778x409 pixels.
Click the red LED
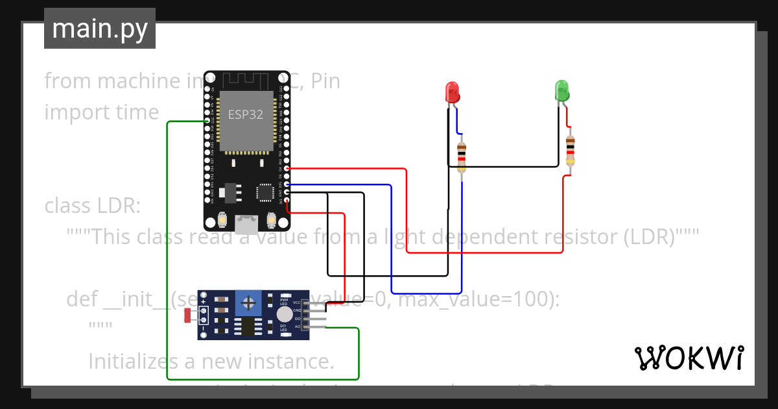pos(452,92)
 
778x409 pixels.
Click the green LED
pos(561,90)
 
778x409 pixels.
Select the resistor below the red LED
pos(461,156)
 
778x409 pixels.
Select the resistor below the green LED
pos(570,149)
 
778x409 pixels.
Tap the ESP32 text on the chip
pos(246,114)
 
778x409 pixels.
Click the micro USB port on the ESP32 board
pos(246,225)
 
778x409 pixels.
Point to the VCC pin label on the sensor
pos(297,303)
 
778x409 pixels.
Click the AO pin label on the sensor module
pos(298,327)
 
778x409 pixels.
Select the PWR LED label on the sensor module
pos(284,302)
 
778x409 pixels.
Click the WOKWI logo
pos(688,358)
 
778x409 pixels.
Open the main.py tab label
pos(99,29)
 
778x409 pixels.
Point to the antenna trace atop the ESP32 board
pos(246,80)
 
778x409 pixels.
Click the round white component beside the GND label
pos(283,315)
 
